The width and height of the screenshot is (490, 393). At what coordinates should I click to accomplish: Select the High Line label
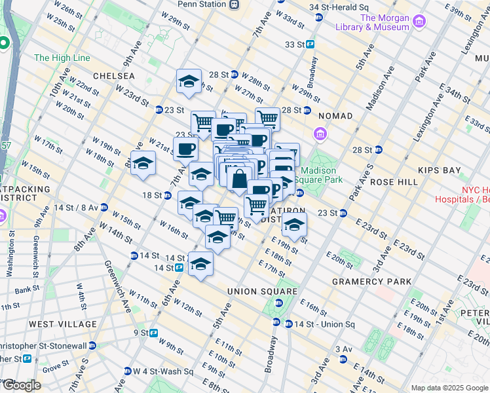click(x=62, y=58)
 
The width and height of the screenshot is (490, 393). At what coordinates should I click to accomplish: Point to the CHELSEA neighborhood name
click(x=113, y=76)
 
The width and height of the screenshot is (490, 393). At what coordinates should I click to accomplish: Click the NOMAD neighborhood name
click(x=335, y=116)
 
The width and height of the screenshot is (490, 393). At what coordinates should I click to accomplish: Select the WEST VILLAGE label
click(x=63, y=324)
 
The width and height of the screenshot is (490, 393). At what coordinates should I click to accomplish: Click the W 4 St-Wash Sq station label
click(x=164, y=371)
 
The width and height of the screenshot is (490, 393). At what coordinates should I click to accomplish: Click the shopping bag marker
click(x=240, y=178)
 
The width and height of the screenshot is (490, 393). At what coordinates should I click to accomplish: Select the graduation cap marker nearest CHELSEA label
click(x=189, y=82)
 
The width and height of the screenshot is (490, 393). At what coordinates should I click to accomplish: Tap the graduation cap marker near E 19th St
click(x=294, y=225)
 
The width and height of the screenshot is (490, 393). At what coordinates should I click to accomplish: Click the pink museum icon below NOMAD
click(x=320, y=135)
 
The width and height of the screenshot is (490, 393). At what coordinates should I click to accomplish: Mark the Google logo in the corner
click(x=21, y=385)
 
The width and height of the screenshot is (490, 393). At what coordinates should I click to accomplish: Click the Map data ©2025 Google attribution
click(x=449, y=388)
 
